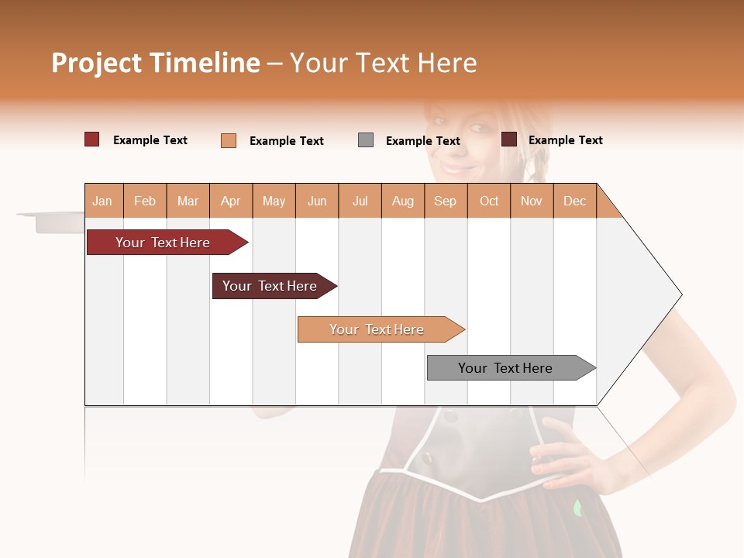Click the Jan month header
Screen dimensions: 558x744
click(102, 201)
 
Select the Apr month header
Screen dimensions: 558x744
click(230, 201)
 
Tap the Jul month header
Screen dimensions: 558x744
click(360, 201)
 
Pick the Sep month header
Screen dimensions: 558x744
click(445, 201)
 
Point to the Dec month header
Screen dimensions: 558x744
click(574, 201)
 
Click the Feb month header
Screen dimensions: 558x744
click(145, 201)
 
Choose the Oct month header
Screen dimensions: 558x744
click(489, 201)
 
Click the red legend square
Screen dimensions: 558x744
click(91, 139)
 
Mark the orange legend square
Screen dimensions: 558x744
click(229, 140)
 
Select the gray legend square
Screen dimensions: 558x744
click(366, 140)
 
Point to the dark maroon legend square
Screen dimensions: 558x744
click(509, 139)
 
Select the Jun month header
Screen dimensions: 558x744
click(317, 201)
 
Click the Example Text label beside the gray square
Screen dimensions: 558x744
click(423, 141)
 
